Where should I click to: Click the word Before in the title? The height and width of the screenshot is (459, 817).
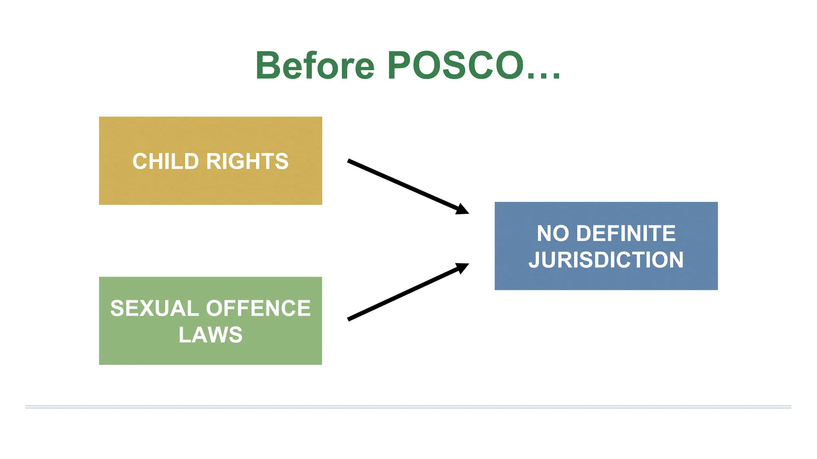coord(315,66)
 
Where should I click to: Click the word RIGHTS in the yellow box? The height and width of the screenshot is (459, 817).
coord(247,161)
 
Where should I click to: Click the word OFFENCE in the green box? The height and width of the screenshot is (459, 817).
coord(258,308)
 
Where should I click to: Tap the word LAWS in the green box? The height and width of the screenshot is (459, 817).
coord(210,335)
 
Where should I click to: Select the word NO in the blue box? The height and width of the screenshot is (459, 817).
coord(553,233)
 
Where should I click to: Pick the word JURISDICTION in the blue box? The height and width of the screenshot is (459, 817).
coord(606,260)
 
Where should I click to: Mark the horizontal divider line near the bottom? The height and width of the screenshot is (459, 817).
coord(408,407)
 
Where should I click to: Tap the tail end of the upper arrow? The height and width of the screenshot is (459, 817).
coord(349,161)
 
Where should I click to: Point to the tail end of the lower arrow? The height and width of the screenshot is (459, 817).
coord(349,319)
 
